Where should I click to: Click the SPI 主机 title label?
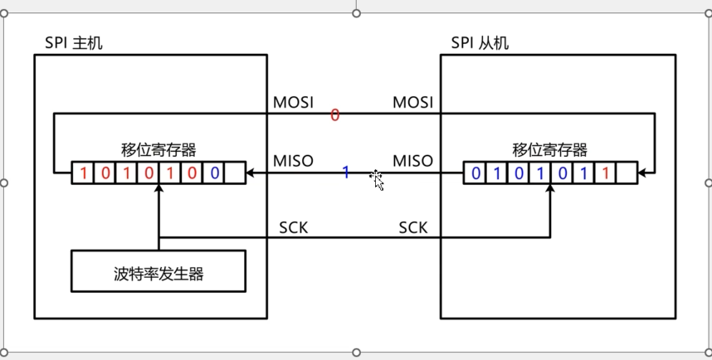(73, 43)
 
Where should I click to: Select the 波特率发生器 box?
(158, 272)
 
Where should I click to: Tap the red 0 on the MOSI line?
(335, 116)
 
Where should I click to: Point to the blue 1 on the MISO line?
(346, 173)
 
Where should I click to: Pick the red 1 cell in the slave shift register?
(606, 173)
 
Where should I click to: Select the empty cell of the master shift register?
(236, 173)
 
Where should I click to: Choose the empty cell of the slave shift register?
(627, 173)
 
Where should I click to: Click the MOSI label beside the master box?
(294, 103)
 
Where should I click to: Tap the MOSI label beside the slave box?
(412, 103)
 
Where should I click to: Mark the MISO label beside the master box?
(293, 160)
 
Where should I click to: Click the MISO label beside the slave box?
(412, 160)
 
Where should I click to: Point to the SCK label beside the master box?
(293, 226)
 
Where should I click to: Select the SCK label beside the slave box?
(412, 226)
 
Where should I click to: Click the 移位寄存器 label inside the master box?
(158, 150)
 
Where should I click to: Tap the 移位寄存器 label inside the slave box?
(550, 150)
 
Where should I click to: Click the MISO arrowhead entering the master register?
(251, 173)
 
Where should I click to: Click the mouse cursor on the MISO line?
(377, 179)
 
